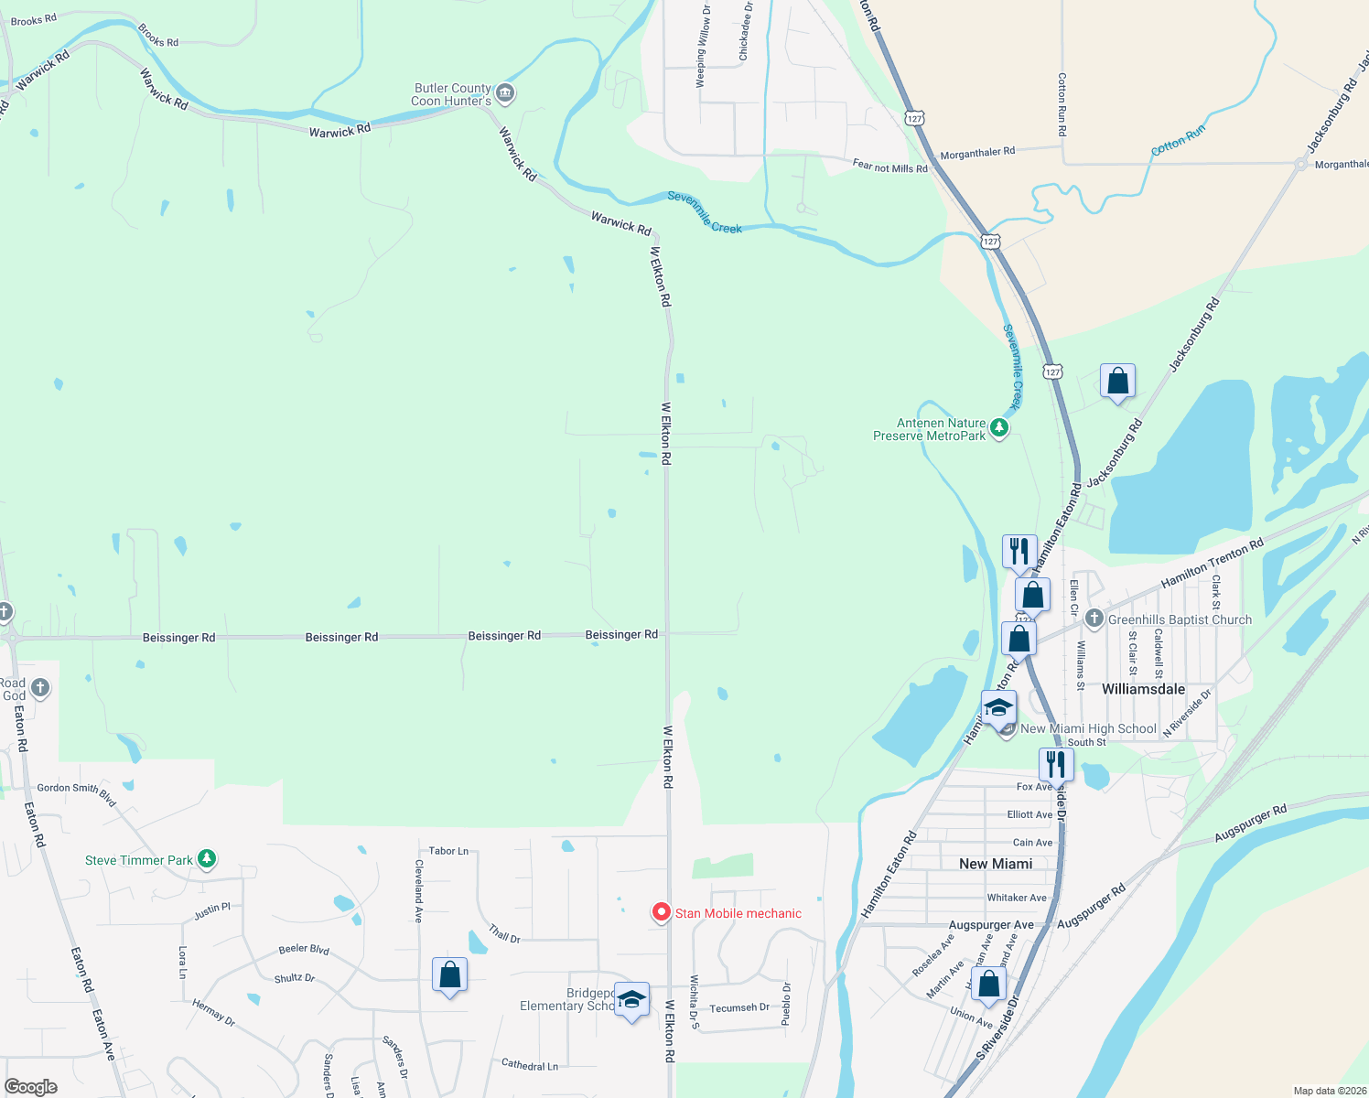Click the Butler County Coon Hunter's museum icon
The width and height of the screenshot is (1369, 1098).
pyautogui.click(x=505, y=93)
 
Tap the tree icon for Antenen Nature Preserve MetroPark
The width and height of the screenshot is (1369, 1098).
pyautogui.click(x=999, y=428)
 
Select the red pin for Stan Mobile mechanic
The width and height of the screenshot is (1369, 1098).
pyautogui.click(x=661, y=912)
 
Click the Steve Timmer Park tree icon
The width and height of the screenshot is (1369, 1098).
pyautogui.click(x=207, y=859)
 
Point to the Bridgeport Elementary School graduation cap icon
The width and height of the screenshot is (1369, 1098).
pyautogui.click(x=631, y=999)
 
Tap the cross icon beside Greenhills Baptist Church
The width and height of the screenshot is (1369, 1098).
pyautogui.click(x=1094, y=619)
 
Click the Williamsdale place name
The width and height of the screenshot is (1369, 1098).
pyautogui.click(x=1143, y=689)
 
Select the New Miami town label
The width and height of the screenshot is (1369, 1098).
pyautogui.click(x=996, y=864)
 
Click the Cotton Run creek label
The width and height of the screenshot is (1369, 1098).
pyautogui.click(x=1178, y=141)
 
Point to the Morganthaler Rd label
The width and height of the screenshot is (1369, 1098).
pyautogui.click(x=977, y=152)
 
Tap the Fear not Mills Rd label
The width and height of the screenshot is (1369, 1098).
pyautogui.click(x=889, y=167)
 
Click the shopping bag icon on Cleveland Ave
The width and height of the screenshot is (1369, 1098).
pyautogui.click(x=449, y=975)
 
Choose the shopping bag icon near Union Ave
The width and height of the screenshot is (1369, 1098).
pyautogui.click(x=989, y=985)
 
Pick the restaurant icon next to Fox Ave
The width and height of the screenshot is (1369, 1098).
pyautogui.click(x=1056, y=764)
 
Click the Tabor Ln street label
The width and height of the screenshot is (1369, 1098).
pyautogui.click(x=448, y=851)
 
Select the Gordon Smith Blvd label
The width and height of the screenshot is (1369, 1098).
pyautogui.click(x=77, y=793)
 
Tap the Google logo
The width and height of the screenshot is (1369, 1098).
pyautogui.click(x=31, y=1086)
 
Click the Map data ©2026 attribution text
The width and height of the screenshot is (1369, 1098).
pyautogui.click(x=1329, y=1091)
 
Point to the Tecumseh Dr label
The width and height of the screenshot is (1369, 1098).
pyautogui.click(x=739, y=1007)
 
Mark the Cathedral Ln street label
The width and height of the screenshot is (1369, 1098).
pyautogui.click(x=529, y=1064)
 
